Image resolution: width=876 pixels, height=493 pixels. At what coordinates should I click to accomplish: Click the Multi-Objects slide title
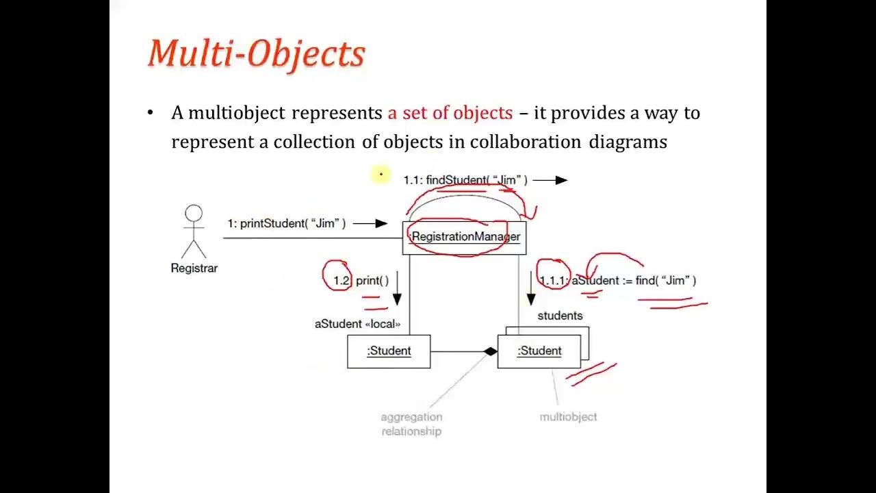click(x=257, y=53)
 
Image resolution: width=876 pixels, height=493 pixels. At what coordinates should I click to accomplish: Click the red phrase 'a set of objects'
click(x=450, y=113)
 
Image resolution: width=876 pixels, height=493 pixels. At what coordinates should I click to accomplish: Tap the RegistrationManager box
click(x=464, y=237)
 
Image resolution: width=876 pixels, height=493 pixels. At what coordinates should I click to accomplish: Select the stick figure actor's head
click(x=194, y=214)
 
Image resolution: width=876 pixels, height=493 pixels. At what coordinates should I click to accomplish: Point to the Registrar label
click(x=194, y=268)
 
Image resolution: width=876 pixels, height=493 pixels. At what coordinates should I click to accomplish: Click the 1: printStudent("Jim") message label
click(x=286, y=224)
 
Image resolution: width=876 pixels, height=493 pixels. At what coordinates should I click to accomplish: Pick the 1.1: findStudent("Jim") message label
click(x=465, y=180)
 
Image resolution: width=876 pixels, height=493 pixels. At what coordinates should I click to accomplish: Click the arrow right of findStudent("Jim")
click(x=550, y=180)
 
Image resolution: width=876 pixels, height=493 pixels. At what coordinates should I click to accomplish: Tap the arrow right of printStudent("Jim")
click(x=370, y=223)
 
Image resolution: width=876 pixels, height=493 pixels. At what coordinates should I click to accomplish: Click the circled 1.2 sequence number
click(x=341, y=281)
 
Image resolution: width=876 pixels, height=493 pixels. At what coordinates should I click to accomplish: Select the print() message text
click(x=372, y=281)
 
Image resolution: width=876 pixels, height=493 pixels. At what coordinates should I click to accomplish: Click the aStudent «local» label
click(x=357, y=324)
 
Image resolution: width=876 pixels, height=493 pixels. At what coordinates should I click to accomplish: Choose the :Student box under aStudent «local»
click(x=389, y=351)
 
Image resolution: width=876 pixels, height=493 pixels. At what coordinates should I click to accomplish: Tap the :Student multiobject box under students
click(x=539, y=351)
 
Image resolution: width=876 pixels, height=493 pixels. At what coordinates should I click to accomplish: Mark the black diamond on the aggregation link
click(x=490, y=352)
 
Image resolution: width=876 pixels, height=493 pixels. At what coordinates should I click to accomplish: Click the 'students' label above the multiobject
click(x=560, y=316)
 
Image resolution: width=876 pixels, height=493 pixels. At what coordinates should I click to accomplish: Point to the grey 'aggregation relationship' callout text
click(x=411, y=424)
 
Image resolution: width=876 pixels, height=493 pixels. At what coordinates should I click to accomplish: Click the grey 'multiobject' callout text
click(x=568, y=416)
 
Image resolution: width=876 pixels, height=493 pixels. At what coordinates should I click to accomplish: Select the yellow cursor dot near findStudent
click(x=381, y=175)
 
